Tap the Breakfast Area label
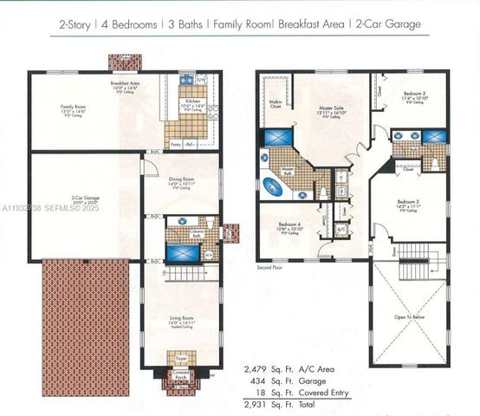(126, 85)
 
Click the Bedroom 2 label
(415, 95)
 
